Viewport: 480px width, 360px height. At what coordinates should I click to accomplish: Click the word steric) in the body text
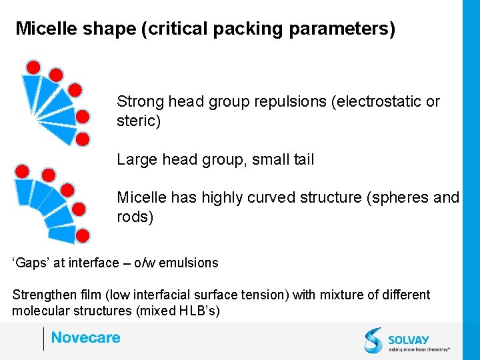tap(139, 122)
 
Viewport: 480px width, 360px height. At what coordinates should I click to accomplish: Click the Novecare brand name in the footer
tap(85, 338)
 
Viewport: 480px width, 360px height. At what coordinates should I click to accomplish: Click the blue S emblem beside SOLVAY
tap(374, 340)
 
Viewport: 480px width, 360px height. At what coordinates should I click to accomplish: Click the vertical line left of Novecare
tap(43, 339)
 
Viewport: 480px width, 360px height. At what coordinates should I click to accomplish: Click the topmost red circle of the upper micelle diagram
tap(33, 67)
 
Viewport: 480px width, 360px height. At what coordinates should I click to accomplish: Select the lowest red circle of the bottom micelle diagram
tap(83, 235)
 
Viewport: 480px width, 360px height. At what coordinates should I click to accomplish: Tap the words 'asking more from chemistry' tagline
tap(419, 349)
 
